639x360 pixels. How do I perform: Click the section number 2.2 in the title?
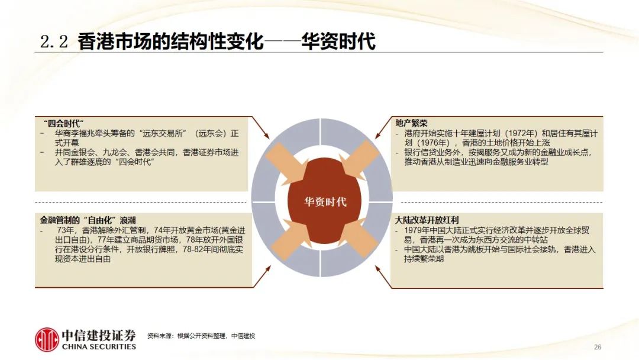[x=54, y=41]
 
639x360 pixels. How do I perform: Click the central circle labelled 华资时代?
[x=324, y=201]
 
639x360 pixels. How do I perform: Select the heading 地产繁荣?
[x=411, y=123]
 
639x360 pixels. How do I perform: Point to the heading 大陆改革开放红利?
[x=427, y=220]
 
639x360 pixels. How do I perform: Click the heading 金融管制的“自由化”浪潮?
[x=88, y=220]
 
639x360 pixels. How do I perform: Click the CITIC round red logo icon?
[x=47, y=339]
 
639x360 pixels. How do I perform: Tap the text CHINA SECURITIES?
[x=99, y=346]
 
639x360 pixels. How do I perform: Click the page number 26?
[x=598, y=347]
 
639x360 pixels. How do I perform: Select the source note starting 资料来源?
[x=201, y=336]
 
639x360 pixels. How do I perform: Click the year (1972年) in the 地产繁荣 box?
[x=518, y=133]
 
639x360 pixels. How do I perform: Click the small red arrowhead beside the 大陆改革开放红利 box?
[x=378, y=269]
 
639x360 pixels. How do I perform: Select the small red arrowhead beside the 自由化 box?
[x=267, y=269]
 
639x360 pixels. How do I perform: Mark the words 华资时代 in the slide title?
[x=338, y=41]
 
